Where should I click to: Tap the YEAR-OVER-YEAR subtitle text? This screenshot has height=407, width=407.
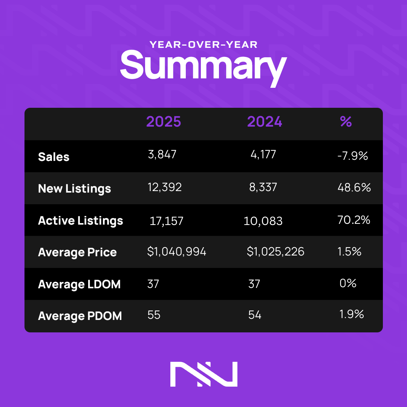pyautogui.click(x=203, y=45)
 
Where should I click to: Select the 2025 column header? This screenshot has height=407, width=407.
pyautogui.click(x=164, y=122)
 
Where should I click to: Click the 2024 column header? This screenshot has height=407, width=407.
pyautogui.click(x=265, y=122)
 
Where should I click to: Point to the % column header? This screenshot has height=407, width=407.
pyautogui.click(x=346, y=121)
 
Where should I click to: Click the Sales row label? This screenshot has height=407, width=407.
pyautogui.click(x=54, y=157)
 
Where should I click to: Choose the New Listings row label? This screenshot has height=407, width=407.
pyautogui.click(x=75, y=188)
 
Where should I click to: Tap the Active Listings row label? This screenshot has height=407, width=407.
pyautogui.click(x=81, y=220)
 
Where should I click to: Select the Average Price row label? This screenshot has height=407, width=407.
pyautogui.click(x=77, y=252)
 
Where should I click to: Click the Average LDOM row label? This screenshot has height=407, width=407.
pyautogui.click(x=79, y=284)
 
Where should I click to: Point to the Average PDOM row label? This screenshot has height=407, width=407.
pyautogui.click(x=80, y=316)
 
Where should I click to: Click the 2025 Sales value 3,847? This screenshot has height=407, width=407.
pyautogui.click(x=162, y=155)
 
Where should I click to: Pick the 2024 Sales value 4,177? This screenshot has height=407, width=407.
pyautogui.click(x=263, y=155)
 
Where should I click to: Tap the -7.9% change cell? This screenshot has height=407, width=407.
pyautogui.click(x=353, y=156)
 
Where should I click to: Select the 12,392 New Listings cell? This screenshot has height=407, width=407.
pyautogui.click(x=165, y=187)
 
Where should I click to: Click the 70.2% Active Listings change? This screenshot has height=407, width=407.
pyautogui.click(x=354, y=220)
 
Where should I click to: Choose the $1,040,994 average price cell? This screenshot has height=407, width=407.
pyautogui.click(x=177, y=252)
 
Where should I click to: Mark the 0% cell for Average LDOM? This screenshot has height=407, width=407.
pyautogui.click(x=348, y=283)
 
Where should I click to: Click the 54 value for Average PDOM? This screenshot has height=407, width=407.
pyautogui.click(x=255, y=315)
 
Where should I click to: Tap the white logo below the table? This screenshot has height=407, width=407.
pyautogui.click(x=203, y=374)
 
